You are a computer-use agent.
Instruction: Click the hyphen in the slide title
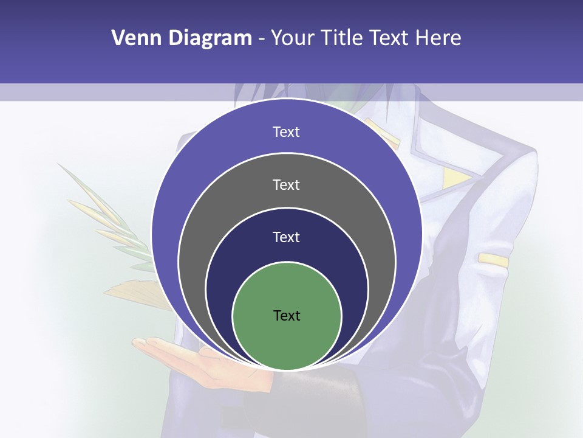point(261,39)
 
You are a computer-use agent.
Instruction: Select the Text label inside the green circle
point(287,315)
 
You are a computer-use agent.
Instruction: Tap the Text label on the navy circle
point(287,237)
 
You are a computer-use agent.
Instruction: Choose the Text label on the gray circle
point(287,184)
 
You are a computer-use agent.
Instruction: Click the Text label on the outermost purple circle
point(287,132)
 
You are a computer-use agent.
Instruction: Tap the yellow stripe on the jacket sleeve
point(493,260)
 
